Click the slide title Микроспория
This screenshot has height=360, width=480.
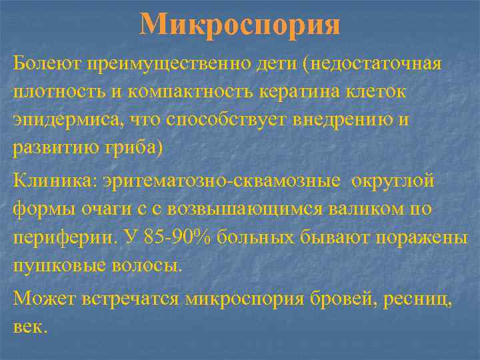240,25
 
